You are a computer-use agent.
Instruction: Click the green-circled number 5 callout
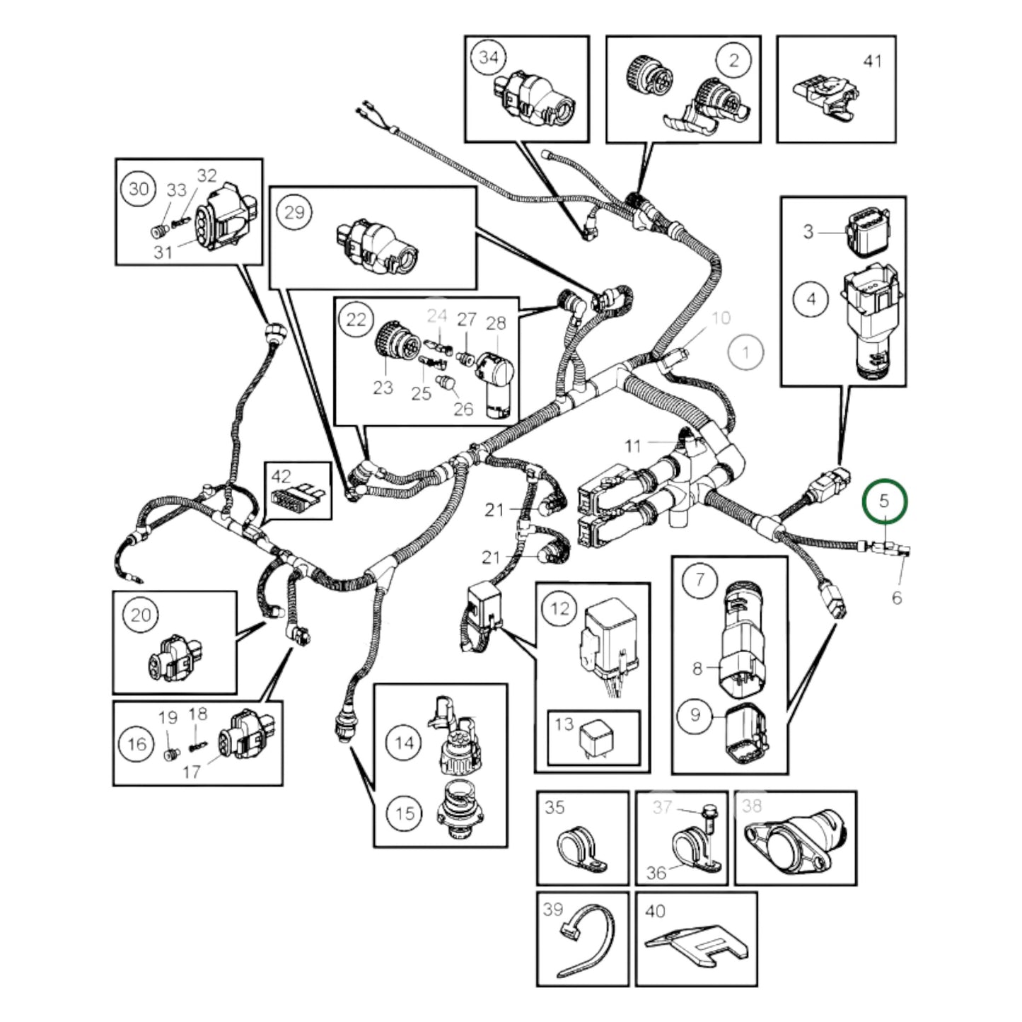883,501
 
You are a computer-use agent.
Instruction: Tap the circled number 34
489,57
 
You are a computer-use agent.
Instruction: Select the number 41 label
873,61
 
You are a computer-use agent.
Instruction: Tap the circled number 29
294,211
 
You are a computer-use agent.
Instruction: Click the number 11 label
632,446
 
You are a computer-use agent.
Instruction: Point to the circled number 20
141,615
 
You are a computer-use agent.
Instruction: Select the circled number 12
559,608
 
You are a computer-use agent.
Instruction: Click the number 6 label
896,598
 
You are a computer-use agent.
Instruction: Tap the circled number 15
405,813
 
